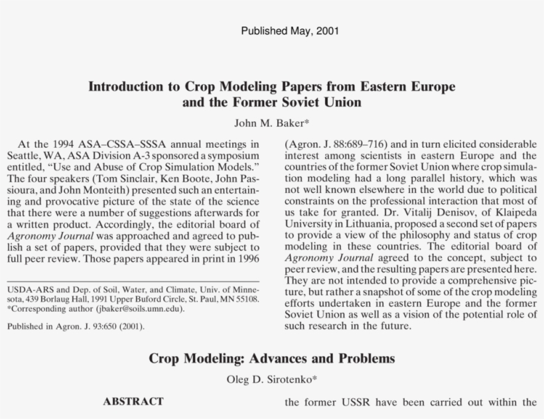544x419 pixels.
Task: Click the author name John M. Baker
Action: coord(271,123)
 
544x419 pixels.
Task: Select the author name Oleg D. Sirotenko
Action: coord(271,379)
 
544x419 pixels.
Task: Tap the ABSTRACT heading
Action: coord(133,402)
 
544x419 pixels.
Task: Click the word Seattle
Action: coord(23,154)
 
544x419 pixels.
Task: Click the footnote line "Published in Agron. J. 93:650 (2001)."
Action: coord(76,326)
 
